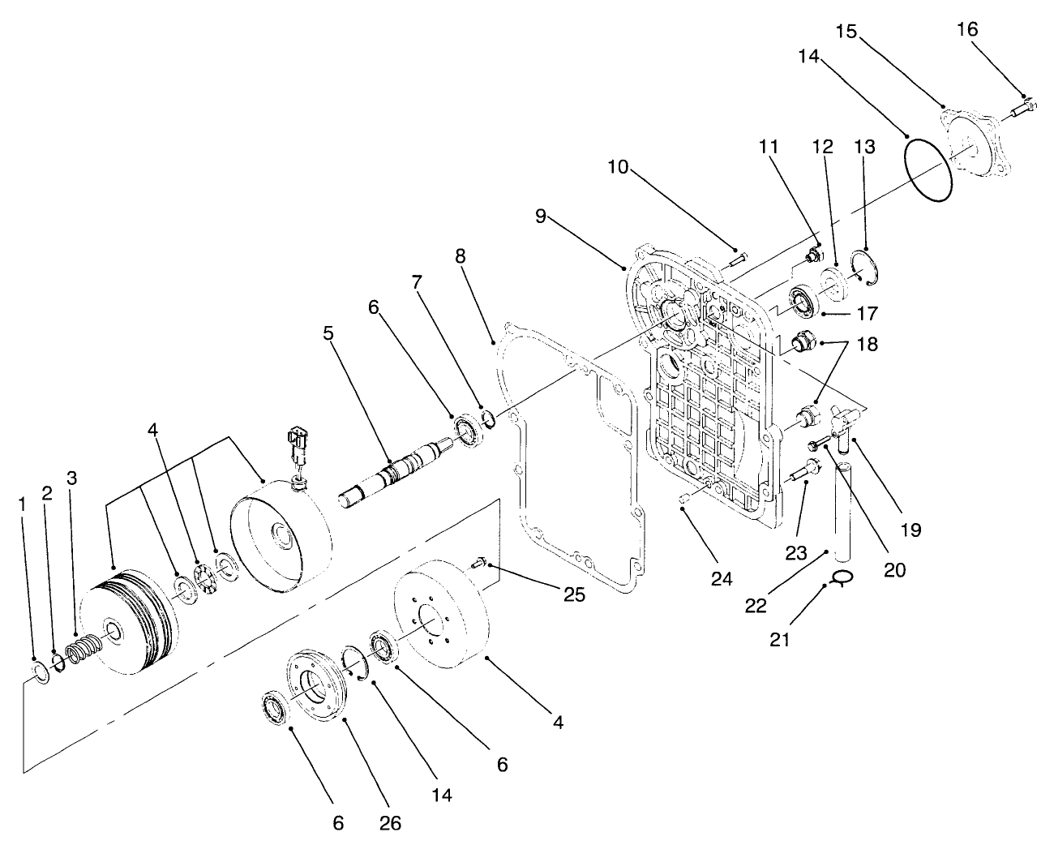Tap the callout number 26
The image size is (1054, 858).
tap(389, 823)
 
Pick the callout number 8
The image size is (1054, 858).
tap(461, 256)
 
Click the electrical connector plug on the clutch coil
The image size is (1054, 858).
tap(293, 449)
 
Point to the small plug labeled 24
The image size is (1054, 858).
tap(684, 499)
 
